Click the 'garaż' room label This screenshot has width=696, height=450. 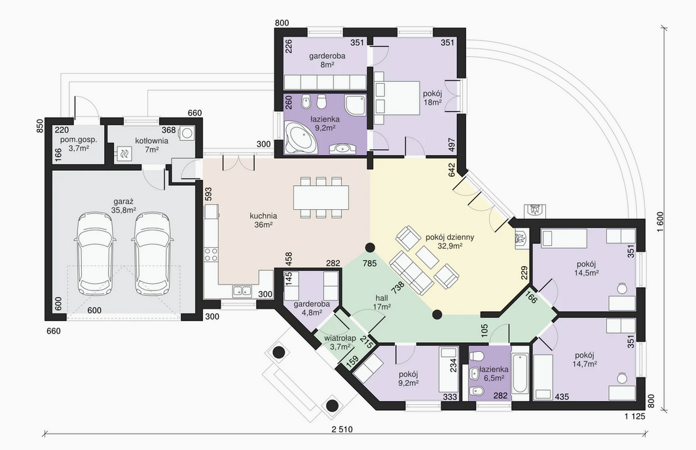pyautogui.click(x=124, y=202)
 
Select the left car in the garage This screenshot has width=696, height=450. pyautogui.click(x=96, y=254)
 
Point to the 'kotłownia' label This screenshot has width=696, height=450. pyautogui.click(x=152, y=141)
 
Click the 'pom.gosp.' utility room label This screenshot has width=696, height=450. pyautogui.click(x=79, y=140)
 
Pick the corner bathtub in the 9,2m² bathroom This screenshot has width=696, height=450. pyautogui.click(x=300, y=138)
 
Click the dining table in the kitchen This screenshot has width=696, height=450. pyautogui.click(x=321, y=198)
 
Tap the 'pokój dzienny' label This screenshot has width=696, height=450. pyautogui.click(x=450, y=237)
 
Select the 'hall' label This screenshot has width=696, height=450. pyautogui.click(x=382, y=298)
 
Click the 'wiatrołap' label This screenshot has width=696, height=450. pyautogui.click(x=340, y=338)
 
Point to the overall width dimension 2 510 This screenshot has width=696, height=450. pyautogui.click(x=342, y=430)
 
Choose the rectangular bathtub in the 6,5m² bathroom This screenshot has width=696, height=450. pyautogui.click(x=520, y=373)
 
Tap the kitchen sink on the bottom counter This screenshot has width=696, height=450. pyautogui.click(x=242, y=291)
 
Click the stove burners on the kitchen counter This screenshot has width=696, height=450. pyautogui.click(x=211, y=254)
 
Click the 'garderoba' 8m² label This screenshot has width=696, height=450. pyautogui.click(x=327, y=56)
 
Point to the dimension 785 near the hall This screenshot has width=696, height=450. pyautogui.click(x=369, y=264)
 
